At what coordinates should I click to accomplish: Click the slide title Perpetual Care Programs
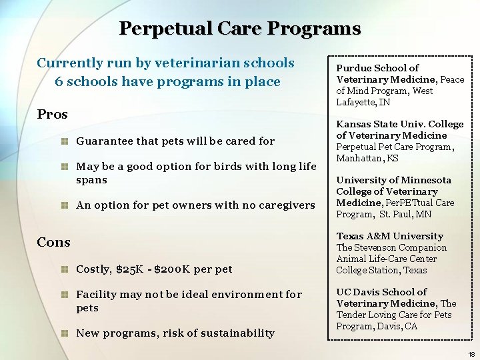(x=240, y=29)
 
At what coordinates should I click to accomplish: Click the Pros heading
(x=53, y=114)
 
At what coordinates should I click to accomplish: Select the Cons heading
(x=54, y=242)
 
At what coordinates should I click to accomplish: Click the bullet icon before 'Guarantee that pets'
(x=64, y=141)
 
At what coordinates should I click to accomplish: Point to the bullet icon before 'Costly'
(x=64, y=269)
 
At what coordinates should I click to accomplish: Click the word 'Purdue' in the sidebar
(x=354, y=68)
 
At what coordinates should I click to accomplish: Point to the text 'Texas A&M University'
(x=389, y=236)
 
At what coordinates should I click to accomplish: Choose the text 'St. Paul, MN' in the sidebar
(x=405, y=214)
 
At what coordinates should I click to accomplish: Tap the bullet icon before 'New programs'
(x=64, y=333)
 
